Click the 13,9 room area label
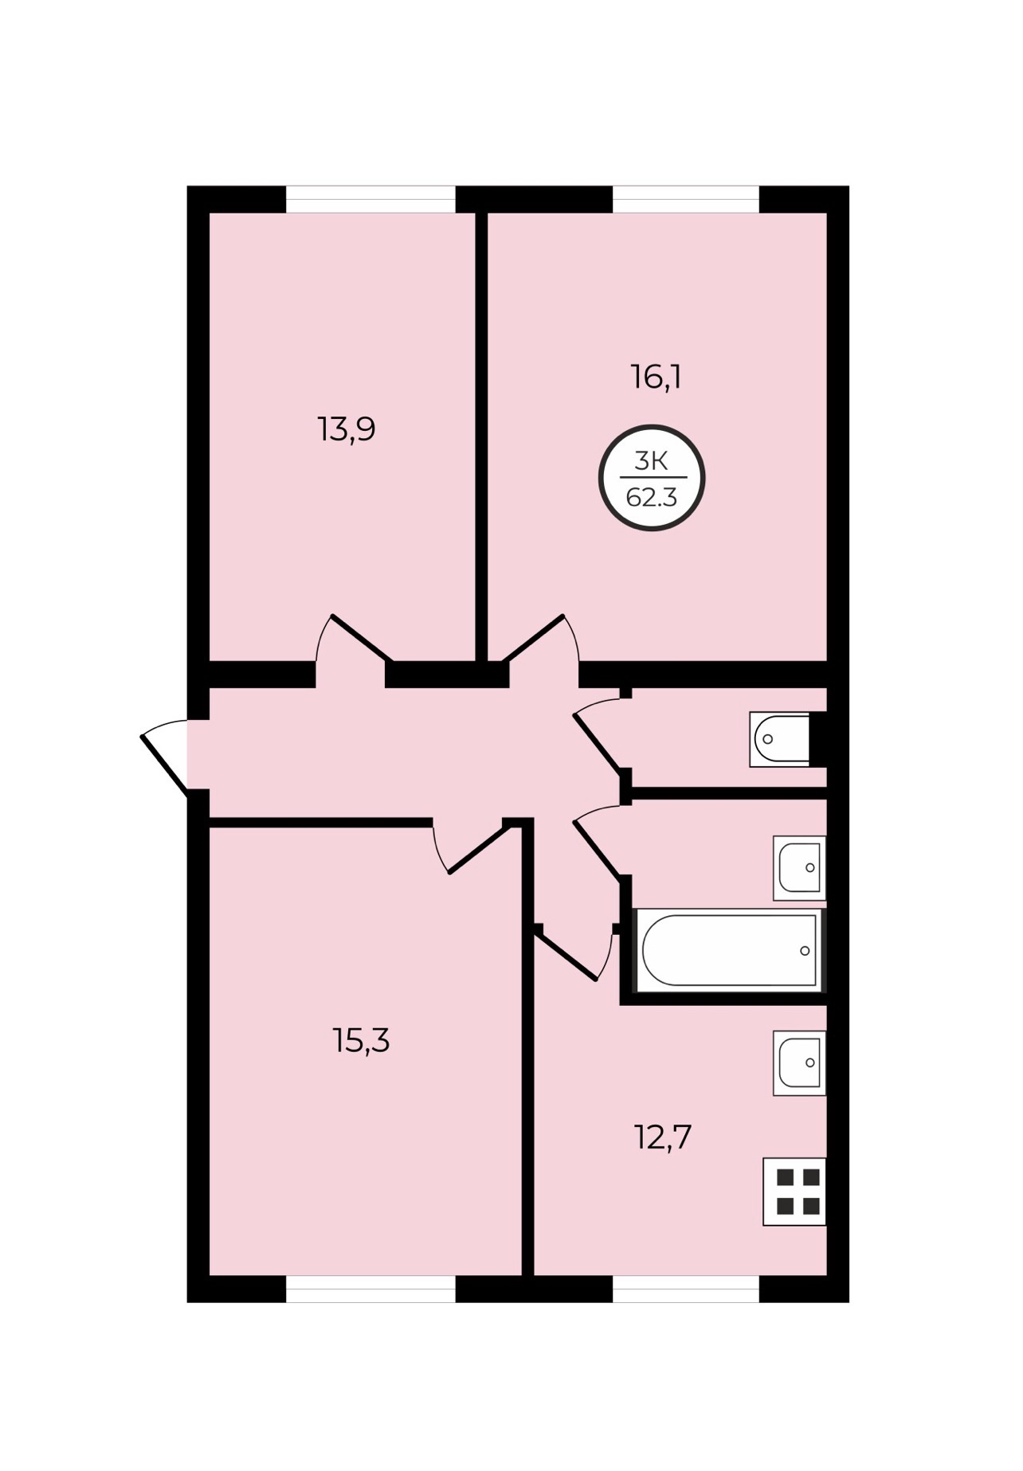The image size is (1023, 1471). (347, 430)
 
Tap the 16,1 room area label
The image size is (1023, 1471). (656, 377)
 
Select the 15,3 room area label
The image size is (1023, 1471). (361, 1040)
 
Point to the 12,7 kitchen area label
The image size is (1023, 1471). (662, 1137)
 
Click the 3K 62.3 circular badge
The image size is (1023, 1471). (652, 478)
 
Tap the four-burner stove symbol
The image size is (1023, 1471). (794, 1191)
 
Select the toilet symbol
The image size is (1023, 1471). (780, 739)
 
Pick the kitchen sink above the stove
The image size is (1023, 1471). (799, 1062)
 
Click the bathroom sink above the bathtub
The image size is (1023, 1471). (799, 867)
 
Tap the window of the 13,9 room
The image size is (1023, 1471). (370, 199)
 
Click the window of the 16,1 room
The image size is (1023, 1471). (686, 199)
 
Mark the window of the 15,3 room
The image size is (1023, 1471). (370, 1289)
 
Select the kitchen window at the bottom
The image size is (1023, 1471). (686, 1289)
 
